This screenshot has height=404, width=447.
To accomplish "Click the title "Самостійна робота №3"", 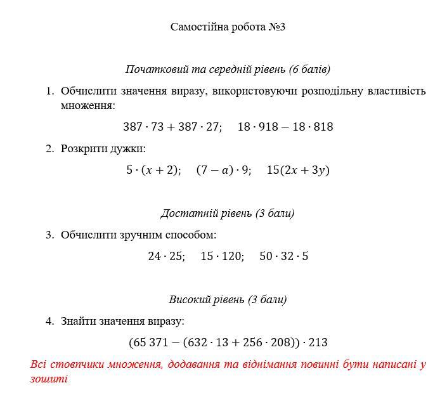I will (x=228, y=27).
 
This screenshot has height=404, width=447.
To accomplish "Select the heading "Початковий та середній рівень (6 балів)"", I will (x=228, y=69).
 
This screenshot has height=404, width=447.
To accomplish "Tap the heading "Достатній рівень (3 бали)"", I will (x=227, y=213).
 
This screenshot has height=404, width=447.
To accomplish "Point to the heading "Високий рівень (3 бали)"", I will (x=228, y=299).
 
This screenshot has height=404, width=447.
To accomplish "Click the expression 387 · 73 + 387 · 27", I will (x=172, y=127).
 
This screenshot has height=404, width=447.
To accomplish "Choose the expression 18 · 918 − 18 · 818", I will (x=285, y=127).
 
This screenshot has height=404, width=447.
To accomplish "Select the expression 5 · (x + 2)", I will (x=153, y=170).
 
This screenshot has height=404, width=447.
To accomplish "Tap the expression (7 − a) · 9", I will (x=223, y=170).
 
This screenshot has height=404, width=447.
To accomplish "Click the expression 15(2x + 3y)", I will (x=298, y=170).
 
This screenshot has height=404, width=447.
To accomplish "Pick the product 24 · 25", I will (x=166, y=256).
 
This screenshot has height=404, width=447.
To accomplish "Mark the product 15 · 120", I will (x=222, y=256).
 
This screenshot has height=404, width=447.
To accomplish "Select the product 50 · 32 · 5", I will (x=284, y=256).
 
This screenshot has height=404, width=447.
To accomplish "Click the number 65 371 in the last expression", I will (x=153, y=342).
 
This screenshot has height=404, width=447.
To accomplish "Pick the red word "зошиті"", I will (x=49, y=379).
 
